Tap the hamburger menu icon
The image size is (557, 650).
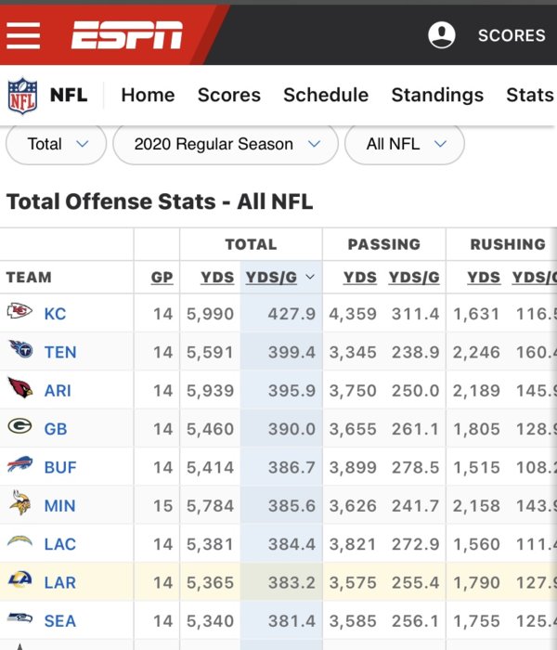coord(24,35)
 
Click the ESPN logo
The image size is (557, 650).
coord(127,35)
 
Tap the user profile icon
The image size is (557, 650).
coord(442,35)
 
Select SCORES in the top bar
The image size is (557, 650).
coord(512,35)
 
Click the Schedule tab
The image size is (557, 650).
coord(326,95)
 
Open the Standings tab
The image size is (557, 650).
coord(437,95)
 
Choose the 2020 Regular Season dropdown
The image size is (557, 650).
coord(226,144)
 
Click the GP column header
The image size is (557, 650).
coord(162,277)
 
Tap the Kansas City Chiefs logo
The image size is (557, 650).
coord(19,312)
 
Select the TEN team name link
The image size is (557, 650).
coord(60,352)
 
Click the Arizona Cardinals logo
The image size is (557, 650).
coord(19,389)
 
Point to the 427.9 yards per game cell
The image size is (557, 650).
coord(291,314)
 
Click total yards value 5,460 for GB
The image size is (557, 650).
coord(211,429)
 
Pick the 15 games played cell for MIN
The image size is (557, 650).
coord(162,506)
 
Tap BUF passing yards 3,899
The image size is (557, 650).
coord(353,467)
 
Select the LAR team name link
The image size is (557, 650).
coord(60,583)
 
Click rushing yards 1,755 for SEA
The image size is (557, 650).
coord(476,621)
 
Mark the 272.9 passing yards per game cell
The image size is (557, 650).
coord(414,544)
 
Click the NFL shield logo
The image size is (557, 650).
coord(22,95)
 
